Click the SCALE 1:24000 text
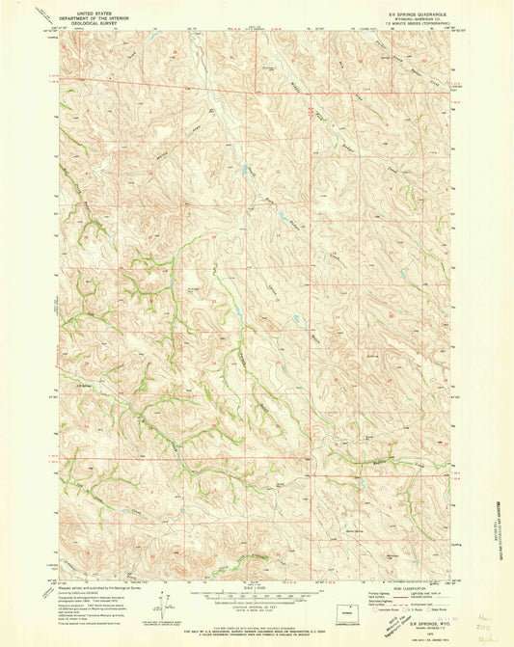(257, 587)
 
